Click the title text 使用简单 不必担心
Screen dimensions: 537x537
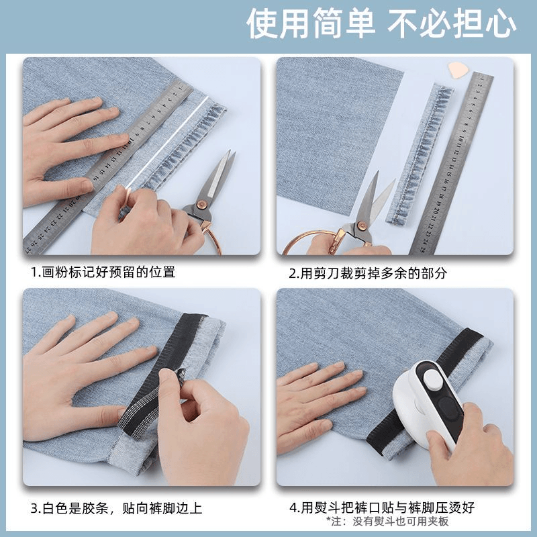tap(381, 24)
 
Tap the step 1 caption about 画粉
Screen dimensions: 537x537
tap(103, 273)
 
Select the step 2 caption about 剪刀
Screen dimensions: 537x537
tap(368, 273)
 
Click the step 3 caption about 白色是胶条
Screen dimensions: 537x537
tap(117, 508)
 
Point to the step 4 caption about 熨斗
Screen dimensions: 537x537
tap(382, 507)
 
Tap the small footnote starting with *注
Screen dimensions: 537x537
tap(387, 522)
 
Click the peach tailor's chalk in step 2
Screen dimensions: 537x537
tap(456, 70)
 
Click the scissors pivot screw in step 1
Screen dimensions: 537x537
tap(199, 205)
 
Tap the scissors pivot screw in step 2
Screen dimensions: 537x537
tap(361, 226)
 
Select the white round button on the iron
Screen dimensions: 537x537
tap(433, 381)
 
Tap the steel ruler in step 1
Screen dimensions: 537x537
tap(108, 168)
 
